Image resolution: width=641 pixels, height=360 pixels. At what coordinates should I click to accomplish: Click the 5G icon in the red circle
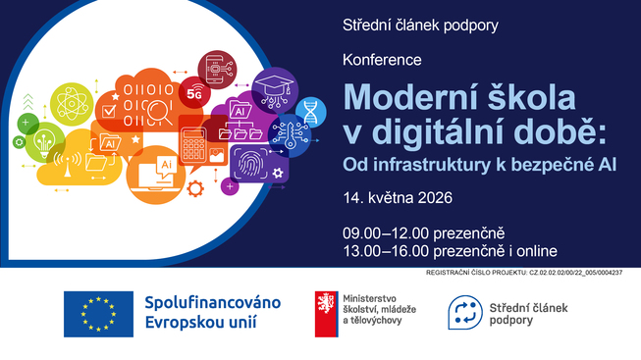coord(195,93)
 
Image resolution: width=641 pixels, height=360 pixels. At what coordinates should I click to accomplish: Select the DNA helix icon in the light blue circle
coord(311,112)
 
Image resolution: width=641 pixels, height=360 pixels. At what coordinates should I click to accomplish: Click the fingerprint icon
coord(249,164)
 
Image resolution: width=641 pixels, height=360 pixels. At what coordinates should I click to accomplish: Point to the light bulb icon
coord(44,143)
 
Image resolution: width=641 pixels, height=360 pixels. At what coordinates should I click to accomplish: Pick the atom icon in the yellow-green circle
coord(72,104)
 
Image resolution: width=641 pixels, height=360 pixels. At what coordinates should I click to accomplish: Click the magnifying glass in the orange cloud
coord(158,113)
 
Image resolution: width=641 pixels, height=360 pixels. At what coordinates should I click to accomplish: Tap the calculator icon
coord(193,145)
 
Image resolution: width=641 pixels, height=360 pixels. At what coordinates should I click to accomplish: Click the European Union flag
coord(98,314)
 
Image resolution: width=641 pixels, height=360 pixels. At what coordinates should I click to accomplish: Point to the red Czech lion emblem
coord(326,314)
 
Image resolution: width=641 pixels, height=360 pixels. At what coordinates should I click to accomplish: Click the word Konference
coord(382,60)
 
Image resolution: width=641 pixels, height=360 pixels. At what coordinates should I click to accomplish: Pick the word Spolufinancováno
coord(213,303)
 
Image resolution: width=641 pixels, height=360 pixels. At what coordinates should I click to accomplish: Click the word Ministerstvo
coord(369,299)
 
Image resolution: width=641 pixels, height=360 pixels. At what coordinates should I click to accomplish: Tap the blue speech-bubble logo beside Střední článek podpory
coord(465,313)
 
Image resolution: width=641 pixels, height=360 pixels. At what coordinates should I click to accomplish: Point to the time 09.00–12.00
coord(386,233)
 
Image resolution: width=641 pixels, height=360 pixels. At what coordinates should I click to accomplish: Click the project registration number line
coord(524,273)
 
